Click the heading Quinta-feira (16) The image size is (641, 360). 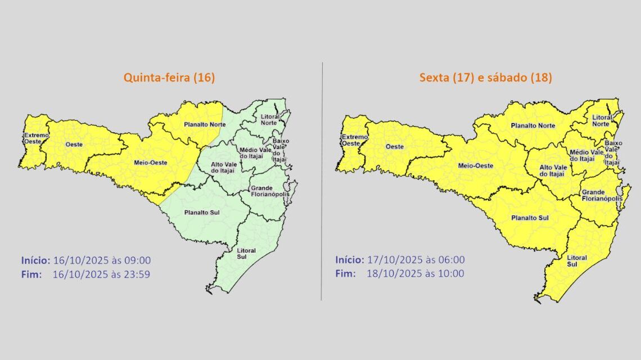(x=169, y=78)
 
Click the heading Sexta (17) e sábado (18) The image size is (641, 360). (x=485, y=78)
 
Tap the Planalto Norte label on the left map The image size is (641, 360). (x=204, y=124)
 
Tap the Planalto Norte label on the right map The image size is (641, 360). (x=532, y=126)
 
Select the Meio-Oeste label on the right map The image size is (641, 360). (x=473, y=166)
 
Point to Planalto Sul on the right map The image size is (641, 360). (x=530, y=218)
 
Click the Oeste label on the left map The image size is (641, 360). (x=74, y=145)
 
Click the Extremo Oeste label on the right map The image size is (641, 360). (x=355, y=141)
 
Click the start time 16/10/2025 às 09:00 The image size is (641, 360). (x=102, y=260)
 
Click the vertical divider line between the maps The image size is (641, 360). (x=322, y=180)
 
